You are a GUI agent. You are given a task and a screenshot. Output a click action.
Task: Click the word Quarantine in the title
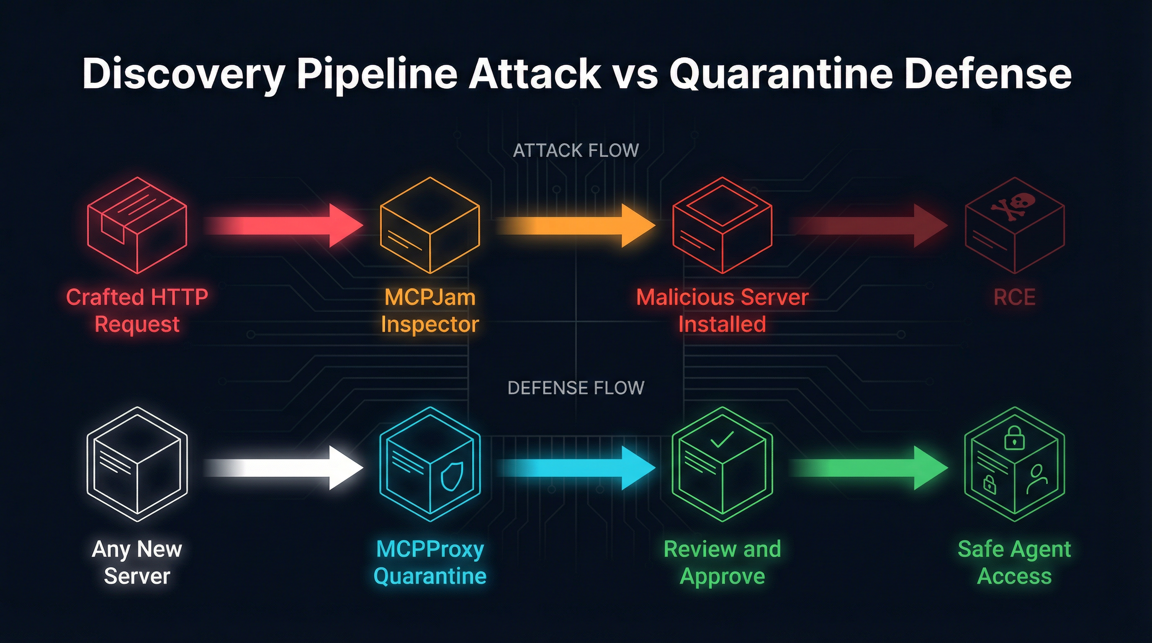point(781,74)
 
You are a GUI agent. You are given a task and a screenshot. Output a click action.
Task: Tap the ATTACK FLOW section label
point(576,151)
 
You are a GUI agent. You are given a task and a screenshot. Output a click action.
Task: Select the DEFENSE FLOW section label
point(576,388)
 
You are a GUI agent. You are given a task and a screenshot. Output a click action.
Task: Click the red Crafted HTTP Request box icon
point(137,225)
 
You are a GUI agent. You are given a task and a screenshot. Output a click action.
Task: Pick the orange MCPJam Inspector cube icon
point(430,225)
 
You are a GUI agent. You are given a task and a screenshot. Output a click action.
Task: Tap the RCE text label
point(1014,297)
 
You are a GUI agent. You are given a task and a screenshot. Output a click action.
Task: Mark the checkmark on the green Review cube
point(722,439)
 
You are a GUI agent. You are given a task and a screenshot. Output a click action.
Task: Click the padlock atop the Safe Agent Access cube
point(1014,438)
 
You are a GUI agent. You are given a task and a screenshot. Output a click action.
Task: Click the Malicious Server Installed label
point(722,310)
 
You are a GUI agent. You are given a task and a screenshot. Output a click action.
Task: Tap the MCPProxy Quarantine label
point(430,562)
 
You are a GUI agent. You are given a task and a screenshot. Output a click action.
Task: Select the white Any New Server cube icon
point(137,464)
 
